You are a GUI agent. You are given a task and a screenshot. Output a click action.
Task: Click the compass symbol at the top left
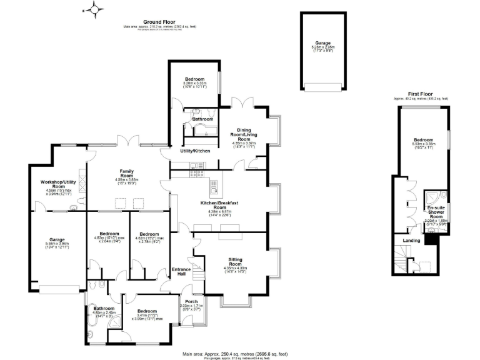94,10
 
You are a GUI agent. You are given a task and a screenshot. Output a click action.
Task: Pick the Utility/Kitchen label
195,151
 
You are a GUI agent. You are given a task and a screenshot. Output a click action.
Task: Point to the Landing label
411,240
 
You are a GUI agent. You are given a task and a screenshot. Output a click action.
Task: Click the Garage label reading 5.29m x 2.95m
324,44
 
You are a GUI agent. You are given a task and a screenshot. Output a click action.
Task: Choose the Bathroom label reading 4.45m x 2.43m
104,308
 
